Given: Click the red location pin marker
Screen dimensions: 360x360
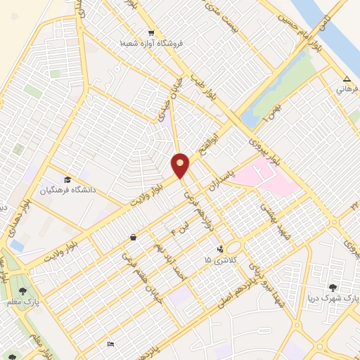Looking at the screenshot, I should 180,165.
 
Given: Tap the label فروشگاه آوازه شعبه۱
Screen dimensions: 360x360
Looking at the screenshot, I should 150,44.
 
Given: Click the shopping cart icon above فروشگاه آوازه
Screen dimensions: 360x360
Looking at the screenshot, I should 151,33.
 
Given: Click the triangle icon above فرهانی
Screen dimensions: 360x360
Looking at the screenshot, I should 347,78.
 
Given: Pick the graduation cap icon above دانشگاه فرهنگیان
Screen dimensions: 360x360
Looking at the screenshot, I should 67,179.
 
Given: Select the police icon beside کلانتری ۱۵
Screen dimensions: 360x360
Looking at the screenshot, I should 221,248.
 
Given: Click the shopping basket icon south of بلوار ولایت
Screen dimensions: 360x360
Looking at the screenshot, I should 134,238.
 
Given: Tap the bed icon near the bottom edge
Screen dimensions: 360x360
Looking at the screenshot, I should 110,344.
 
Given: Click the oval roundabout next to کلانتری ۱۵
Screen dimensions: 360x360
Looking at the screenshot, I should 233,247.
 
